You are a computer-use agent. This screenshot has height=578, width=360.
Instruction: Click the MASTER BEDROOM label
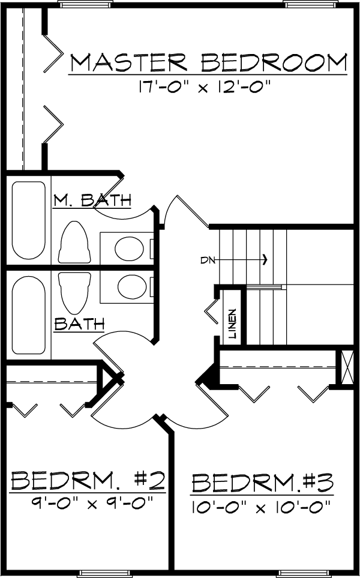tap(209, 63)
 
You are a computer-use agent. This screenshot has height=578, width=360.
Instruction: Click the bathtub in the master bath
tap(29, 220)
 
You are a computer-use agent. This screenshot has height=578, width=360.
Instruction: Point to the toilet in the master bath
tap(74, 242)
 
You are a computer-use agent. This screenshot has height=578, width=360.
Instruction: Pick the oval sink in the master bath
tap(129, 248)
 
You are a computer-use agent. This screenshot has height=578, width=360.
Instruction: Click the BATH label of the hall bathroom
tap(79, 324)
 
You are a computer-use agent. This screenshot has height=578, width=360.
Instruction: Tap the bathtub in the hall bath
tap(28, 315)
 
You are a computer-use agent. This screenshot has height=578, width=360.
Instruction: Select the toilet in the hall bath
tap(74, 293)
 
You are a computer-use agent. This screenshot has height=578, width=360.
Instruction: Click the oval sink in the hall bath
tap(132, 287)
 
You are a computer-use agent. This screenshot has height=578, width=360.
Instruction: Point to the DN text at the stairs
tap(206, 260)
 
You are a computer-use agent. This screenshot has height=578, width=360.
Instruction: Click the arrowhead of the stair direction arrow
tap(265, 260)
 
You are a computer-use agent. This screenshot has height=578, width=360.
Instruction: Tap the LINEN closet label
tap(232, 324)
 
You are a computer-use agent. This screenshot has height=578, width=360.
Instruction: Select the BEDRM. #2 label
tap(88, 480)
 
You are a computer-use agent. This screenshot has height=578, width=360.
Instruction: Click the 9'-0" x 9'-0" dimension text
tap(92, 502)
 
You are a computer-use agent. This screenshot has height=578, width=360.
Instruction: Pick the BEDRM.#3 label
tap(262, 483)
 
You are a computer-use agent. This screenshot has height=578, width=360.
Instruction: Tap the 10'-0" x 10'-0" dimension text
tap(260, 508)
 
